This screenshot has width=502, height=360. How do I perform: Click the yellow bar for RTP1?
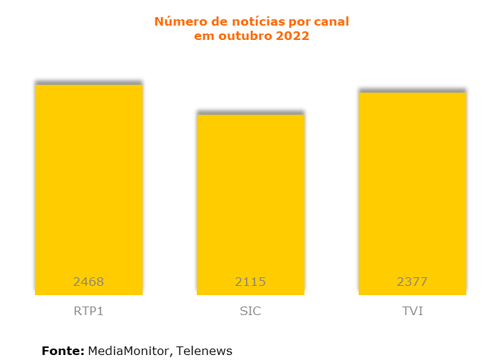coord(88,185)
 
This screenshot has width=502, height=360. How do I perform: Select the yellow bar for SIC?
coord(250,200)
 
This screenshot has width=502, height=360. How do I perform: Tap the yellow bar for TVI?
coord(412,189)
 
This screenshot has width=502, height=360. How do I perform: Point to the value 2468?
coord(88,282)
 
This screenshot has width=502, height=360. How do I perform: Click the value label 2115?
coord(250,282)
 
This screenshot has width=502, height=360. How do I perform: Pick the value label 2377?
coord(412,282)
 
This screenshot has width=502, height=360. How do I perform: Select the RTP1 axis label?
coord(88,312)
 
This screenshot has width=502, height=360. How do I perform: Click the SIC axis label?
coord(250,312)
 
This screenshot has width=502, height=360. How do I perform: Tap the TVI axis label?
coord(412,312)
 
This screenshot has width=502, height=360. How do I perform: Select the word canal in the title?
coord(330,22)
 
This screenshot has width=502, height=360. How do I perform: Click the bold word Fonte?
coord(63,351)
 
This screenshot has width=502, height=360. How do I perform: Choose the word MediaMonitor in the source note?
coord(129,351)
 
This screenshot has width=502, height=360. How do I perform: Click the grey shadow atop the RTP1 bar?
coord(88,82)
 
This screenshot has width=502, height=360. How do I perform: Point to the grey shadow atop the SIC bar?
coord(250,112)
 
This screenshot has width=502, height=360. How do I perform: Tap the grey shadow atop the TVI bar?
coord(412,91)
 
